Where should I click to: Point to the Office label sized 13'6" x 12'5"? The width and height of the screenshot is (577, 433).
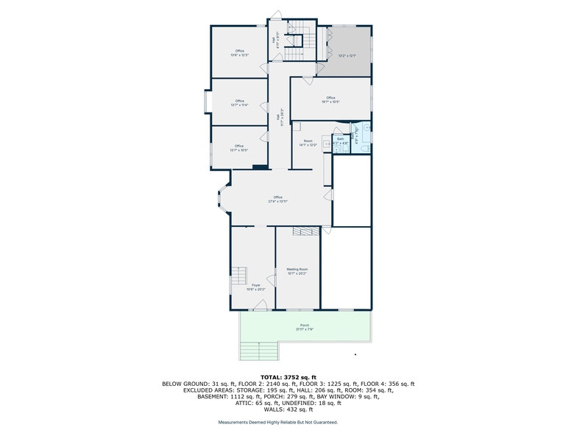[239, 52]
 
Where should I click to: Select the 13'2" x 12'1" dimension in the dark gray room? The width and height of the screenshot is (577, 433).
[347, 55]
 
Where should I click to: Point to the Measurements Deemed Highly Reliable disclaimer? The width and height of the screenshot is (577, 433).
[277, 422]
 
